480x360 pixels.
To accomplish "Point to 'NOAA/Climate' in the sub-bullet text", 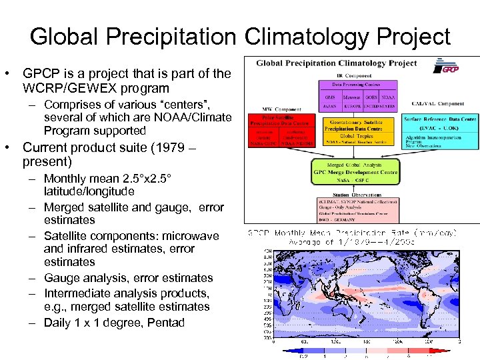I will click(x=199, y=117).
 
